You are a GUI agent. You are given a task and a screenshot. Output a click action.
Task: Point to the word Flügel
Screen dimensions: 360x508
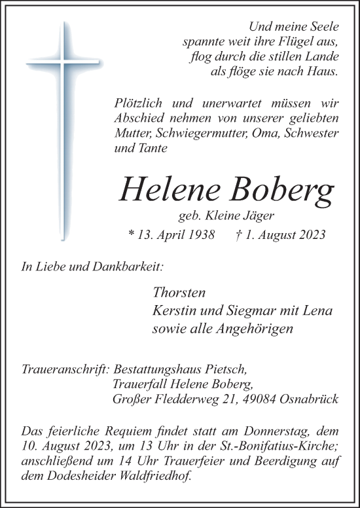tap(304, 41)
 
